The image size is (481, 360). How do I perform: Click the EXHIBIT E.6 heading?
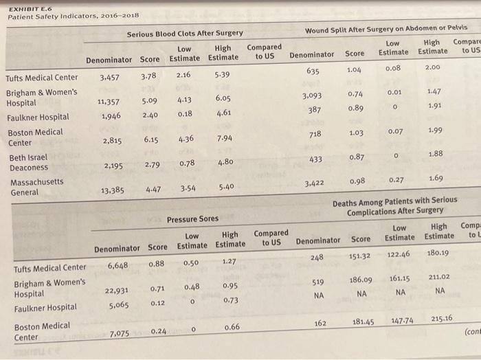tap(30, 9)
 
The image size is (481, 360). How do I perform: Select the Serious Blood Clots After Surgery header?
tap(185, 34)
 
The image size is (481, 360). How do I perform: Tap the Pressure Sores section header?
tap(192, 219)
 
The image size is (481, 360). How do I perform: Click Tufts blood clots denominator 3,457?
tap(109, 77)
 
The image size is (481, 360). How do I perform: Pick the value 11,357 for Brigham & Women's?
tap(109, 102)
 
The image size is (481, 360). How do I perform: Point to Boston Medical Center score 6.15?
tap(151, 139)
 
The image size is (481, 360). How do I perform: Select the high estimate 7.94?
tap(225, 138)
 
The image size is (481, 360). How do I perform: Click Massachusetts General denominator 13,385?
tap(113, 190)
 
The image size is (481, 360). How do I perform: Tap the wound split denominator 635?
tap(313, 71)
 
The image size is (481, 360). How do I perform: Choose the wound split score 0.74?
tap(355, 94)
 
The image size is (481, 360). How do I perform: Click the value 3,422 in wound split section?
tap(314, 183)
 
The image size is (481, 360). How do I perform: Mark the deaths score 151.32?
tap(359, 256)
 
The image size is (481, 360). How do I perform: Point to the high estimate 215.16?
tap(442, 318)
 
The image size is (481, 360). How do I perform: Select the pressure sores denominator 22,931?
tap(117, 290)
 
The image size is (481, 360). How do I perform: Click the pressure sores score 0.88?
tap(157, 263)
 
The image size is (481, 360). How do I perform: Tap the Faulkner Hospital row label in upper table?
tap(38, 117)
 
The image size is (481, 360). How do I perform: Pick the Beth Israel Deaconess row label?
tap(29, 163)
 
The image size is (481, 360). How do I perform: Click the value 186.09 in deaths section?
tap(361, 280)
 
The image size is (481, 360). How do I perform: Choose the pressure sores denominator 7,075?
tap(120, 333)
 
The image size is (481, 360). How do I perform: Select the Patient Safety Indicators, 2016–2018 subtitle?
tap(74, 16)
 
